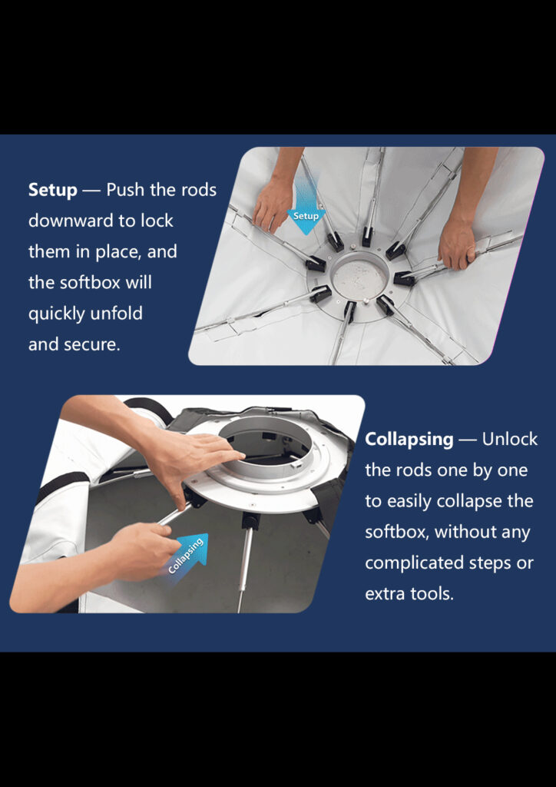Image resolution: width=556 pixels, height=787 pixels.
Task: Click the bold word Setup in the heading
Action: tap(53, 191)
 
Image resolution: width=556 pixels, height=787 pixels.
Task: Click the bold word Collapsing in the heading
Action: tap(409, 439)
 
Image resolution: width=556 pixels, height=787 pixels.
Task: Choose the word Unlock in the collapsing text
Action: tap(510, 439)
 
